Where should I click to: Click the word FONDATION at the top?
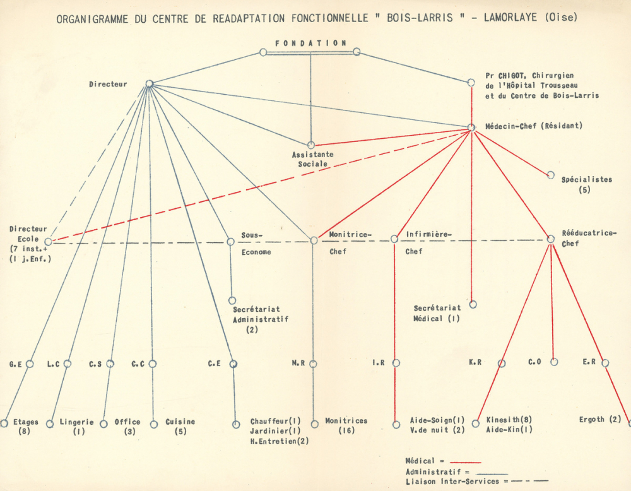click(x=310, y=43)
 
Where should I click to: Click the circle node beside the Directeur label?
click(x=150, y=84)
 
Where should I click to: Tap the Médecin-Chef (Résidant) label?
click(x=534, y=126)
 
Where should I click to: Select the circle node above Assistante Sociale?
click(x=310, y=145)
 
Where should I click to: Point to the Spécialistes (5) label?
click(x=586, y=184)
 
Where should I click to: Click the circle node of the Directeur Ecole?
click(x=49, y=242)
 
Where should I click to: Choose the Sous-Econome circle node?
click(x=230, y=242)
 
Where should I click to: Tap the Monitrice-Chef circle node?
click(x=314, y=240)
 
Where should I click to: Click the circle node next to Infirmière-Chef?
click(x=394, y=239)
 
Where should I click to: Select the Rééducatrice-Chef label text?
click(x=589, y=239)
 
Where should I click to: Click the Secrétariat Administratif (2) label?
click(x=261, y=319)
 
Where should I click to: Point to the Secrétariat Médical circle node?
click(x=473, y=304)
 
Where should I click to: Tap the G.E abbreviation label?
click(x=16, y=364)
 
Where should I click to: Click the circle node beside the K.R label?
click(x=502, y=364)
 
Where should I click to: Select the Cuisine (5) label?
click(x=180, y=427)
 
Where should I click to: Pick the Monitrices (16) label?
click(x=346, y=425)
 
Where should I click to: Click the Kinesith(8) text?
click(x=509, y=419)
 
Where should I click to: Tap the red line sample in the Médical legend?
click(x=465, y=463)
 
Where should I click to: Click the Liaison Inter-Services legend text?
click(x=452, y=482)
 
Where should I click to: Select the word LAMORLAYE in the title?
click(x=510, y=18)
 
